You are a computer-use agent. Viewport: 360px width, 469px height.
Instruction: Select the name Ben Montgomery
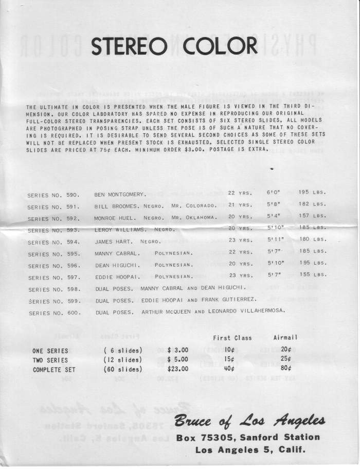click(x=120, y=195)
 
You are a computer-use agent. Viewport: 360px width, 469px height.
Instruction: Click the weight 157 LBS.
click(x=312, y=216)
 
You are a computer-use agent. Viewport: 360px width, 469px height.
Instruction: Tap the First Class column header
click(x=232, y=338)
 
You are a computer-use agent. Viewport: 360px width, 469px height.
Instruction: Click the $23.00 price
click(x=178, y=369)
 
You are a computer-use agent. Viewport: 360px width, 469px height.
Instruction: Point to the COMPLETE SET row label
click(x=54, y=370)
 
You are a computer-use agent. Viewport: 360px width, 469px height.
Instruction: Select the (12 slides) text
click(x=123, y=360)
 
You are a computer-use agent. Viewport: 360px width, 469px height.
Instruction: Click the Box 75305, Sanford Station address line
click(x=248, y=438)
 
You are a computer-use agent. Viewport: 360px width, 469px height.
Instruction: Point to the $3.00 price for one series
click(x=178, y=350)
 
